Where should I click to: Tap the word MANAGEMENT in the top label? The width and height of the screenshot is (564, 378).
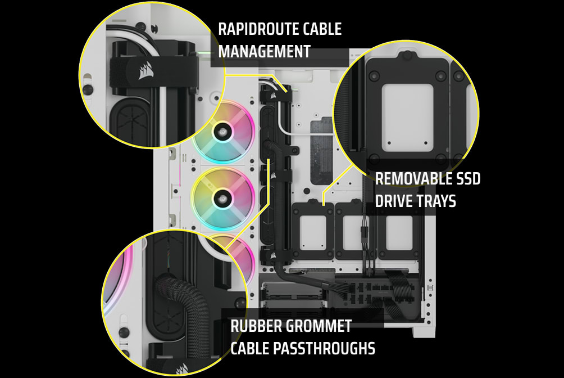point(264,52)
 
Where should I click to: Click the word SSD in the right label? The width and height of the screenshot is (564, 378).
point(466,179)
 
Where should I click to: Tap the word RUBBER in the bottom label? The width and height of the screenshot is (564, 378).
point(256,326)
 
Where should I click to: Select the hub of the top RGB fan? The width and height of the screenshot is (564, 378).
point(224,131)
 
